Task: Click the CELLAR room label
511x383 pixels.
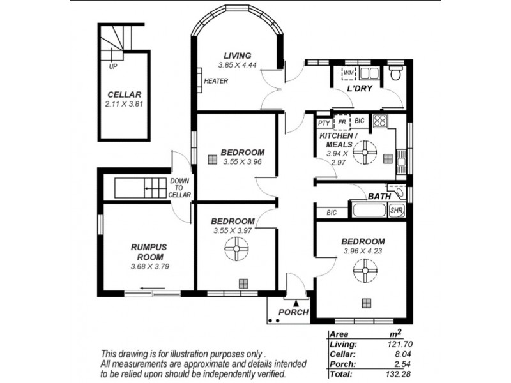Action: point(119,93)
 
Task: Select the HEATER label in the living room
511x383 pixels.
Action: point(216,81)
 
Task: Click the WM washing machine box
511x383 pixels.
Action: point(349,73)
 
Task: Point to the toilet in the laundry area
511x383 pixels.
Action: point(395,73)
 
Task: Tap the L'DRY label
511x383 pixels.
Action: point(360,89)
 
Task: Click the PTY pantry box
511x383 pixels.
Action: point(324,122)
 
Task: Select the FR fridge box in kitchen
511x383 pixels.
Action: point(342,121)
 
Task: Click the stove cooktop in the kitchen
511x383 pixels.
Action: point(380,121)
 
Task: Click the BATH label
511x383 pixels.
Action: point(379,196)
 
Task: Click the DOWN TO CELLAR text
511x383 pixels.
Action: point(179,188)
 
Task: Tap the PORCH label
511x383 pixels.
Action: point(294,312)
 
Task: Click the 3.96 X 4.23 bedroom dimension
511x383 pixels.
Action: point(363,251)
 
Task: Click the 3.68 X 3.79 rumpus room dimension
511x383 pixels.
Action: point(149,266)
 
